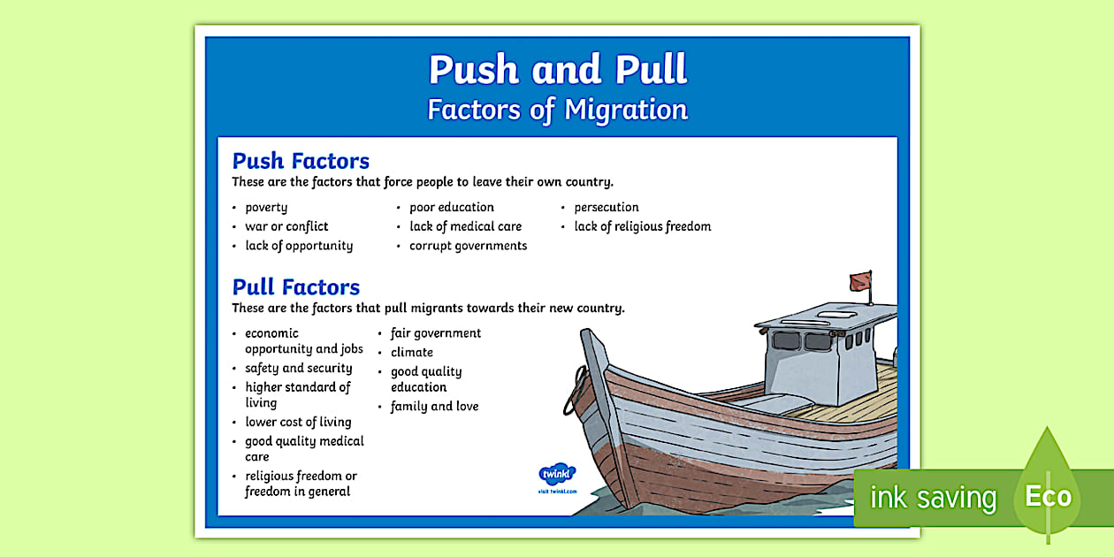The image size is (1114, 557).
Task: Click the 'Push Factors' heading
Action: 301,161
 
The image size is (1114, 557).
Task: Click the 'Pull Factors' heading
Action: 295,287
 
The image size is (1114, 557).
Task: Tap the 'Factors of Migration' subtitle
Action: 557,110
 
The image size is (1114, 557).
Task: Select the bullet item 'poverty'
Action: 266,208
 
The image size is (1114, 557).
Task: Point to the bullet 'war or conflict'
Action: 286,226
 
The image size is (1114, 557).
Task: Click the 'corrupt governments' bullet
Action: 468,246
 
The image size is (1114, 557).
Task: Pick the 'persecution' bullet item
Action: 607,208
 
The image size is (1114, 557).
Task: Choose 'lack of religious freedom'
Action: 643,226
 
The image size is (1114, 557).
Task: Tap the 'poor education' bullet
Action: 452,208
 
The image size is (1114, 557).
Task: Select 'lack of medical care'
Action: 465,226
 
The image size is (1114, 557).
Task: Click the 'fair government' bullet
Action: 436,333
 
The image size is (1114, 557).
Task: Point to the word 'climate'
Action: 412,353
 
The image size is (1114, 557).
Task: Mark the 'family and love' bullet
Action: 435,407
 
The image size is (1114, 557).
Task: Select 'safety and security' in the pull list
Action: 299,368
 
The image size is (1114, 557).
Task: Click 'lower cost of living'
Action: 298,423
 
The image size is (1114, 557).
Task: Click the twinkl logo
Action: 557,473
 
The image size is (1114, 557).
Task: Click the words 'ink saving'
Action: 933,498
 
